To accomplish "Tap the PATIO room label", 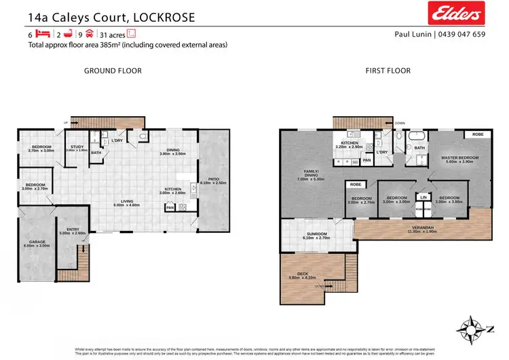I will point(212,179).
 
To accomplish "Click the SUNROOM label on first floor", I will point(318,234).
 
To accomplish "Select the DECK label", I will point(293,274).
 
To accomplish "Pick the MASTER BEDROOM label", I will point(461,158).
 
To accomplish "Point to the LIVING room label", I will point(126,201).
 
